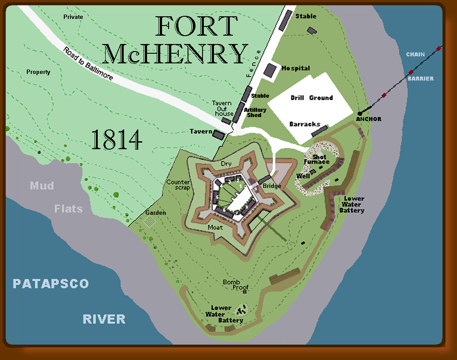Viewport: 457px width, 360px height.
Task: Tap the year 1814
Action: (117, 140)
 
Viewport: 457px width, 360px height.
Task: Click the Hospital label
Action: (295, 68)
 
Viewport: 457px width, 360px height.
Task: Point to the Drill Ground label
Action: (312, 98)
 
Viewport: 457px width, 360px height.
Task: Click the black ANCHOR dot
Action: (360, 113)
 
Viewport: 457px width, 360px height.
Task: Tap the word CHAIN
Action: (415, 55)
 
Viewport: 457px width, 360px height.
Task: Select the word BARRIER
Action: (420, 79)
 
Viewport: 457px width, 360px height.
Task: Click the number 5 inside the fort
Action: (217, 197)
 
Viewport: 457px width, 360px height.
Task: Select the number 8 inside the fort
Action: (247, 207)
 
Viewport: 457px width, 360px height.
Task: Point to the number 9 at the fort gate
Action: (255, 188)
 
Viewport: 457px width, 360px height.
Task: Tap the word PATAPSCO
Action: (51, 284)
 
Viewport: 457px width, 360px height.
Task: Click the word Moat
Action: (216, 228)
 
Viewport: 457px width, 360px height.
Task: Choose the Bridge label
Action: (272, 186)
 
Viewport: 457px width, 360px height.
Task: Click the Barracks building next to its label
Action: (319, 131)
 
